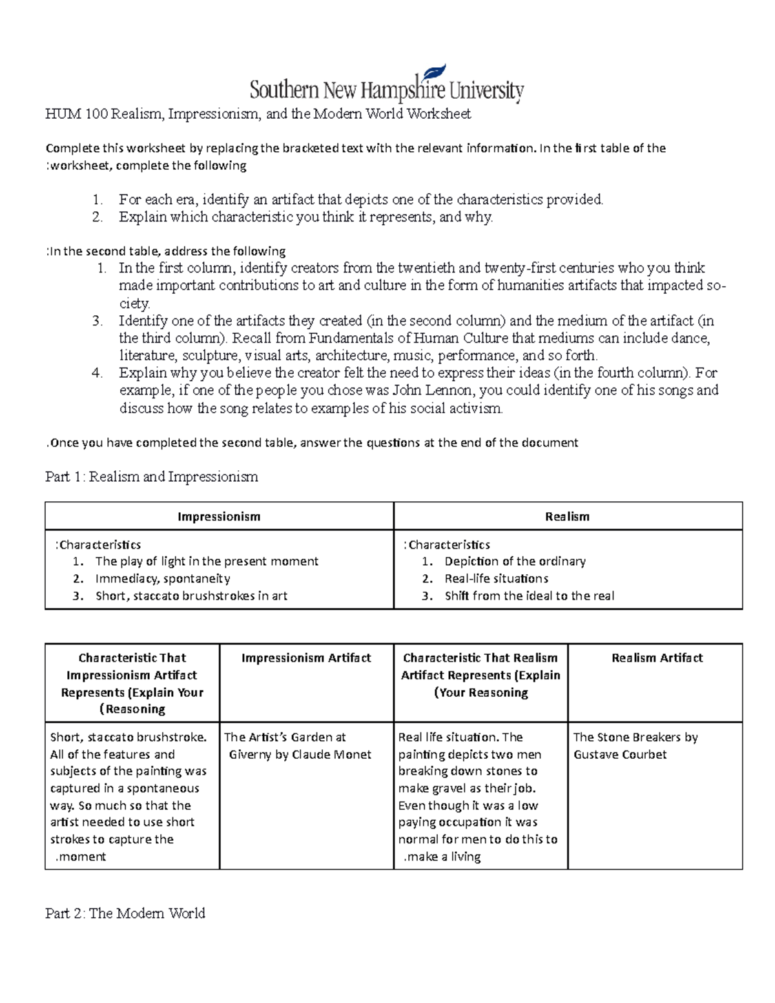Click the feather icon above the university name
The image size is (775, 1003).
tap(436, 72)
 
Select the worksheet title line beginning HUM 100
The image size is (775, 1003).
tap(258, 114)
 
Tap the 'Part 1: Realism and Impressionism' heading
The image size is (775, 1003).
tap(151, 477)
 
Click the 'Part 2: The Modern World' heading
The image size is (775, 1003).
tap(125, 913)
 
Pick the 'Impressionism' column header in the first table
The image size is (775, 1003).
tap(219, 517)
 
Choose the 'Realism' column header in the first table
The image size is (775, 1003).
tap(567, 517)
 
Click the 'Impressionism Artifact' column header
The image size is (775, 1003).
tap(306, 657)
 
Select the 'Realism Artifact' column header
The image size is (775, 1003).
tap(657, 657)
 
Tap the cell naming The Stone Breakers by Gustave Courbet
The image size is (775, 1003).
tap(635, 745)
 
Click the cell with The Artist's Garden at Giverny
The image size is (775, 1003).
tap(298, 745)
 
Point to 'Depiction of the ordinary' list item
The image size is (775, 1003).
tap(515, 561)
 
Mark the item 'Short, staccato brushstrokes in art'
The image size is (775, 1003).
tap(191, 595)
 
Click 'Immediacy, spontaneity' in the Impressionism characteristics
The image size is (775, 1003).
tap(163, 579)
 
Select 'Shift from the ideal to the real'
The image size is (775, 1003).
tap(529, 595)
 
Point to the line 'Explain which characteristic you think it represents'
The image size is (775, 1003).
tap(305, 217)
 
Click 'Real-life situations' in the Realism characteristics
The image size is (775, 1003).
tap(496, 579)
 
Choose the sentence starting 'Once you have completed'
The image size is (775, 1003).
tap(313, 442)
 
